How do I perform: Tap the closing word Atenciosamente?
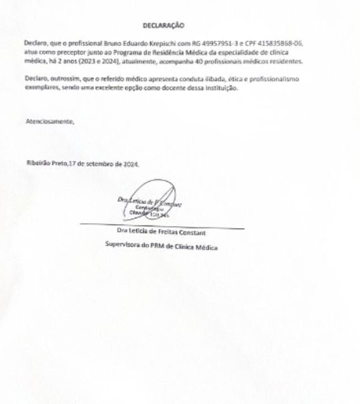pos(49,120)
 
